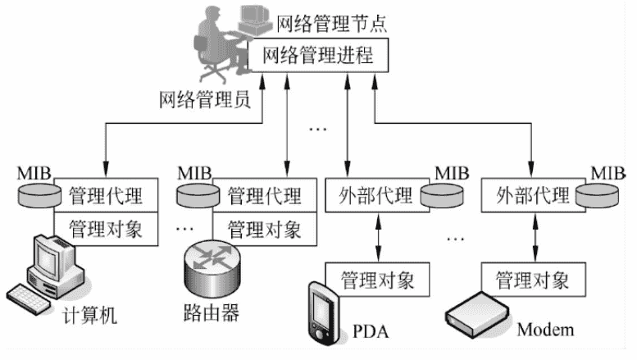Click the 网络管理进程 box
[x=317, y=57]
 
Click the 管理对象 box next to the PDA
[x=378, y=279]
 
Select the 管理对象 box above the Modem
[x=532, y=279]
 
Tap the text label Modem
[x=545, y=330]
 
